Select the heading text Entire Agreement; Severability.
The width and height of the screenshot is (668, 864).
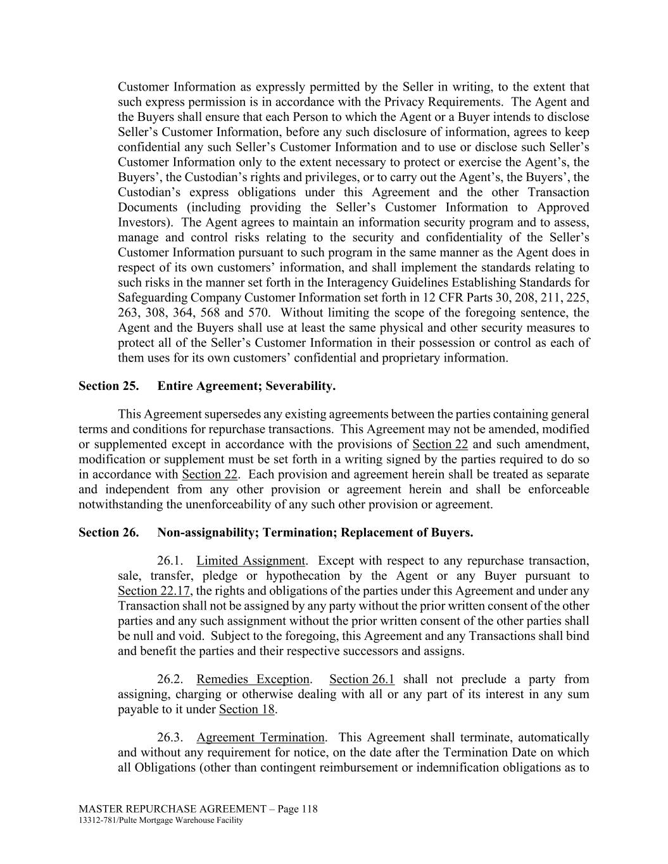click(246, 386)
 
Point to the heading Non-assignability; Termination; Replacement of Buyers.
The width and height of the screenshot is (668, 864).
click(315, 532)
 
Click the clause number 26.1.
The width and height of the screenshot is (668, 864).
click(170, 561)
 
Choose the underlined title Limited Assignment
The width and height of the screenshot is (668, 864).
click(251, 561)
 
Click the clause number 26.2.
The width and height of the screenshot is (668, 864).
click(170, 679)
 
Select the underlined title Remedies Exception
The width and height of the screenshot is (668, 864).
click(253, 679)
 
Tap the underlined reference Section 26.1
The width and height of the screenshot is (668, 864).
click(362, 679)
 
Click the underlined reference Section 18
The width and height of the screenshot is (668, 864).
click(246, 710)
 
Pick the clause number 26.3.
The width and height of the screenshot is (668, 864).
click(170, 737)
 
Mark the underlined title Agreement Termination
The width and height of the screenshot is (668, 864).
click(260, 737)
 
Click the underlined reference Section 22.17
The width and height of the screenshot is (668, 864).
click(154, 591)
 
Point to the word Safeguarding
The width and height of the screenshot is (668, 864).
click(151, 297)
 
